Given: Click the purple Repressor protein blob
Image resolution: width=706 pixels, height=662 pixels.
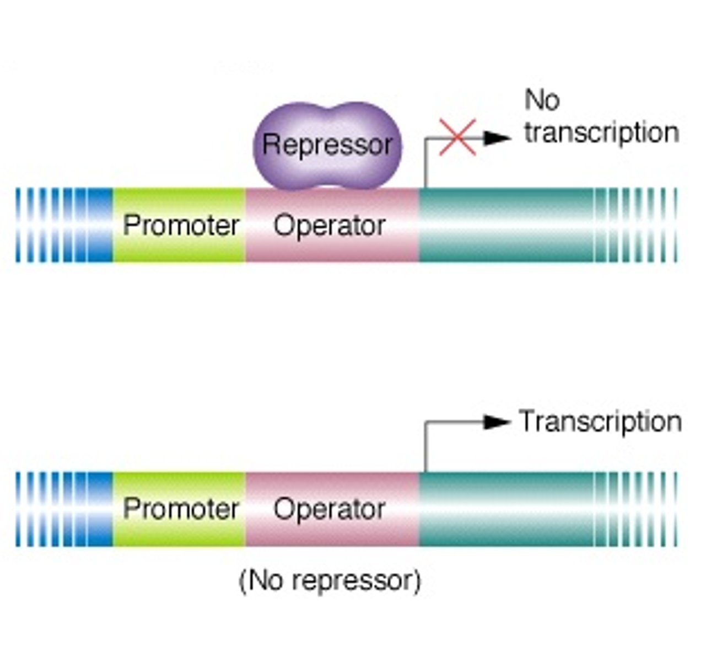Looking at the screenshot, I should click(327, 145).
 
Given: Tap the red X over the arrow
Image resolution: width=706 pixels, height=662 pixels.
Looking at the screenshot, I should click(457, 138).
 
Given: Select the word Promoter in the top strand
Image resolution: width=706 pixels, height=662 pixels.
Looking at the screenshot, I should click(180, 226).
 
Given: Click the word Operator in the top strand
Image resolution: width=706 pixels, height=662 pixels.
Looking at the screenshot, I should click(329, 226).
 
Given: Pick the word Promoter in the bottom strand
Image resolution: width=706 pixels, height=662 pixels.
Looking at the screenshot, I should click(180, 509).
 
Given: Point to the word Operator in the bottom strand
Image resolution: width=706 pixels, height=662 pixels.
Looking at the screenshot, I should click(329, 509).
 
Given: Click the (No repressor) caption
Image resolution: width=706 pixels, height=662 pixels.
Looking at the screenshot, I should click(330, 581).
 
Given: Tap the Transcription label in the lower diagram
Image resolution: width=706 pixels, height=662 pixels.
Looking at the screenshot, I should click(600, 422).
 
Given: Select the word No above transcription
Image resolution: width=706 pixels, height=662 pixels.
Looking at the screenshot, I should click(542, 100).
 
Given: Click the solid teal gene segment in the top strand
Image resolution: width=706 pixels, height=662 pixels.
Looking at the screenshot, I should click(504, 226).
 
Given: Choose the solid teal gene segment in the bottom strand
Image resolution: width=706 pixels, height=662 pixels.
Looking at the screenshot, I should click(504, 509).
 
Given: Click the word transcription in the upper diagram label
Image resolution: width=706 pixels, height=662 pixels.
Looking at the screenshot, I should click(601, 134).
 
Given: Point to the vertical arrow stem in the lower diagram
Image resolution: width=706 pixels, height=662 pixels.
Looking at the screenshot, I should click(425, 447).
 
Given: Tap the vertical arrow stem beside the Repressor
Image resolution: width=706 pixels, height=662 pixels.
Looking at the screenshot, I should click(425, 164).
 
